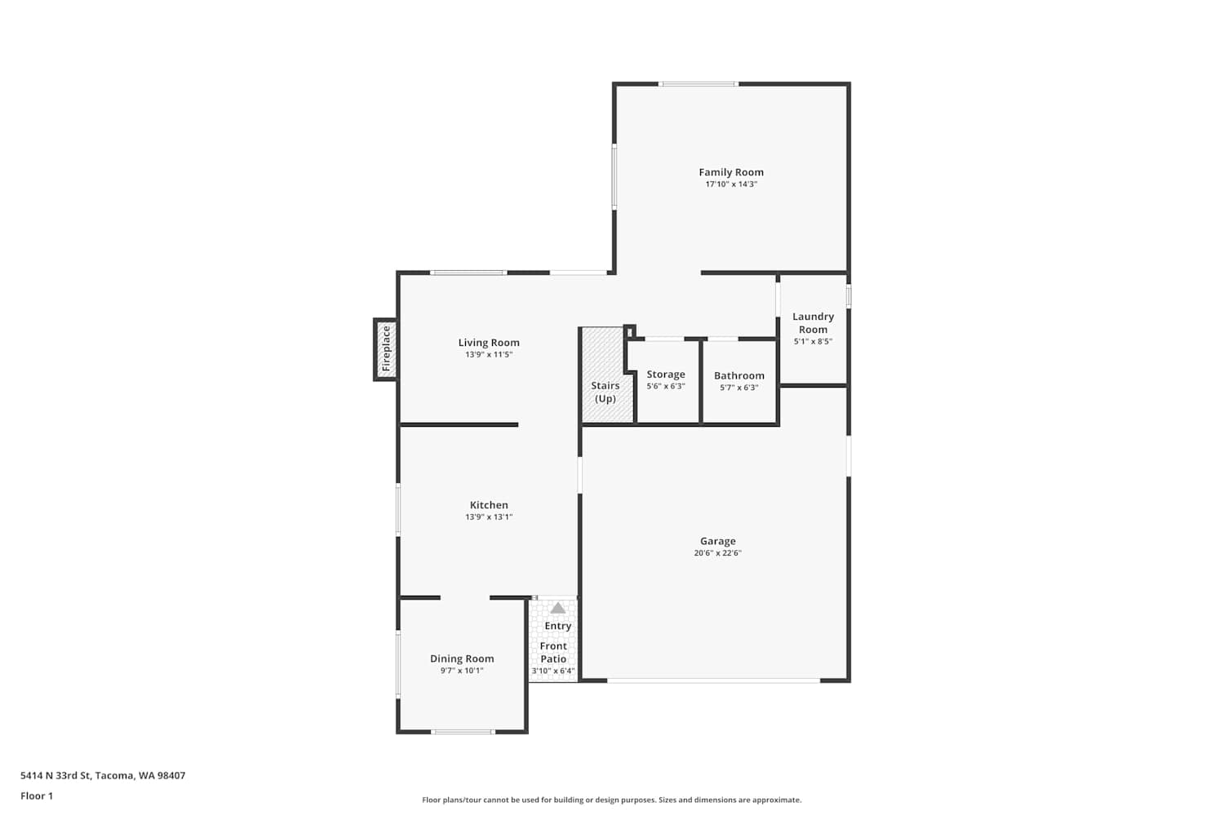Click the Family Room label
coord(731,172)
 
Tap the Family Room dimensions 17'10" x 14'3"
coord(731,184)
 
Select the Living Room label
coord(489,343)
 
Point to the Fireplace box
coord(386,349)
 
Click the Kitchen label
coord(489,505)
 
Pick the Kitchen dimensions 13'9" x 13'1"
coord(489,517)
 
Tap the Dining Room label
coord(462,659)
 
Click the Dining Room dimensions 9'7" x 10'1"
coord(462,671)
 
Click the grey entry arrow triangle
coord(557,608)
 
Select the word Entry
coord(558,626)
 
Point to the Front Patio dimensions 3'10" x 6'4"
coord(553,672)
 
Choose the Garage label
coord(718,541)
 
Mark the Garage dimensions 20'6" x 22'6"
coord(718,553)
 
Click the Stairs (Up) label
coord(605,392)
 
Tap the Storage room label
coord(666,375)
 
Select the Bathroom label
coord(738,375)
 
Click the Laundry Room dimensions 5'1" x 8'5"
coord(813,342)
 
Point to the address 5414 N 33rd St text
coord(103,775)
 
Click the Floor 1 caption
coord(37,796)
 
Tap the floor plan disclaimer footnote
coord(611,800)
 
